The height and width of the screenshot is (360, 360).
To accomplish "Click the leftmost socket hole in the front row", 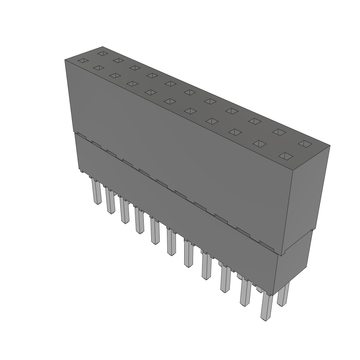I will [82, 60].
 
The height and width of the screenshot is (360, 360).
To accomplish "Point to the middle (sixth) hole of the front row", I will [170, 102].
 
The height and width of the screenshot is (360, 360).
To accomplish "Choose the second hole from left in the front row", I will [99, 68].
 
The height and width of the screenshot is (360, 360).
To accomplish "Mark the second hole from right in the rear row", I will [279, 132].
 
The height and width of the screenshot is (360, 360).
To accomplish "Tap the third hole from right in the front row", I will [236, 132].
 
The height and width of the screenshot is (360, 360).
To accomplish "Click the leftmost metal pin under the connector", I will [96, 192].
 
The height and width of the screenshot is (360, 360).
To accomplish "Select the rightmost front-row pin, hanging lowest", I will [266, 308].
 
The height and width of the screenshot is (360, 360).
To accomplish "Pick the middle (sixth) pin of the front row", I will [171, 243].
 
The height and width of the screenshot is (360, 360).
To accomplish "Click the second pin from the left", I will [110, 202].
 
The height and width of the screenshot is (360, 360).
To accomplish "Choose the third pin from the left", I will [124, 211].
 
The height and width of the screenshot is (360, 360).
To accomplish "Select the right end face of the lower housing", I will [294, 257].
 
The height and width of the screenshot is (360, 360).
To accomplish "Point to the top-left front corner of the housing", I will [65, 60].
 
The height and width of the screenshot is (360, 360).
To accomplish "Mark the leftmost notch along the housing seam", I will [81, 135].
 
